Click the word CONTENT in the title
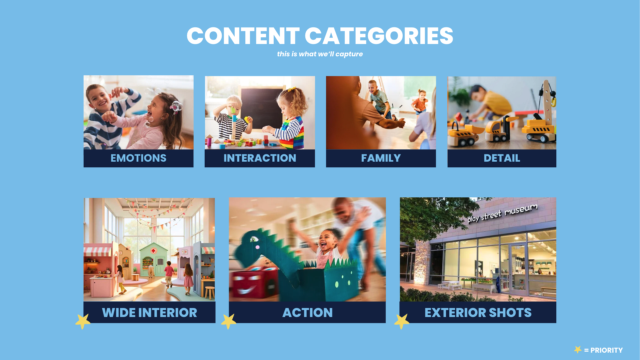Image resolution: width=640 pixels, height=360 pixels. [x=243, y=36]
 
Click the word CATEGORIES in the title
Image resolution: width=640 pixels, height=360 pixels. [x=379, y=36]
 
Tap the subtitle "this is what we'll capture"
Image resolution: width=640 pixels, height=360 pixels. [x=320, y=54]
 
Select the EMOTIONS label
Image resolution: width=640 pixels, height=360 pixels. [x=138, y=158]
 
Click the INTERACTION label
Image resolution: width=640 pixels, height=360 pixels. [x=260, y=158]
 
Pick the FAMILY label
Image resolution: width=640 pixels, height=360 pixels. [x=381, y=158]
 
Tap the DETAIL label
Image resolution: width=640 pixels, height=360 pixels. [x=502, y=158]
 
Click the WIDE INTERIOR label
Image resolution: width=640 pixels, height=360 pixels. [x=149, y=313]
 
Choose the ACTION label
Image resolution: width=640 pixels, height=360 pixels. [x=307, y=313]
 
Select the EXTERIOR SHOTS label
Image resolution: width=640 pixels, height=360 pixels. [x=478, y=313]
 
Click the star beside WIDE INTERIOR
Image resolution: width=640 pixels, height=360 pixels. [x=83, y=321]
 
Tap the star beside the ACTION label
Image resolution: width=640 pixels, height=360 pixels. [x=229, y=321]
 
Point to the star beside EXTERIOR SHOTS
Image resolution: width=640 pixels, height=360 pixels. [x=402, y=321]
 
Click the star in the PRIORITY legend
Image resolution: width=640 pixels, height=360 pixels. [x=578, y=350]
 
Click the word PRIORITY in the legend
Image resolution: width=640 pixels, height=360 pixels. [x=606, y=350]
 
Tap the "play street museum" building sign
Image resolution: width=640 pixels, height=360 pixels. [x=502, y=213]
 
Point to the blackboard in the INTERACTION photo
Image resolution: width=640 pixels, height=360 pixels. [x=262, y=108]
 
